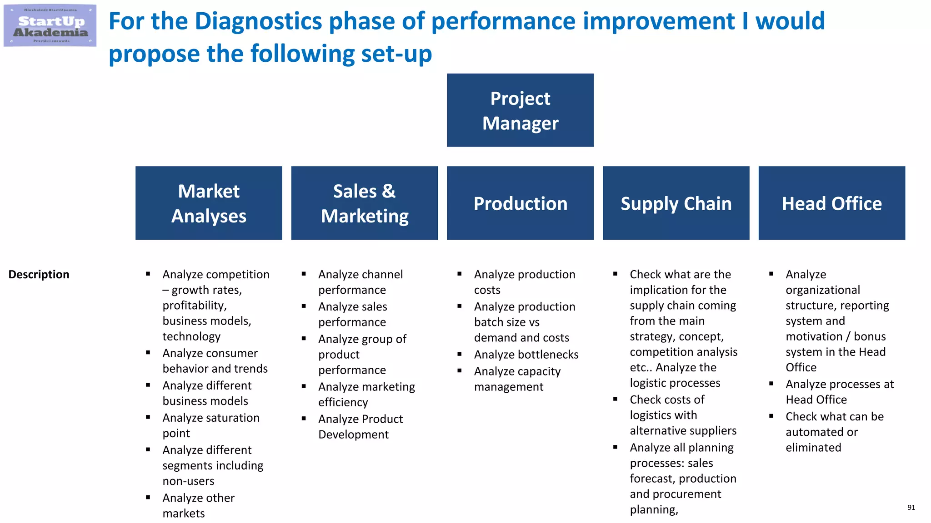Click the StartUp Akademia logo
[50, 26]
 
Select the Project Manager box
[520, 110]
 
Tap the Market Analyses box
[209, 203]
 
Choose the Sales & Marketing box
[364, 203]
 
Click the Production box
[520, 203]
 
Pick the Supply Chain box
[676, 203]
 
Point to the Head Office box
[831, 203]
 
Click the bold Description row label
[39, 275]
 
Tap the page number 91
[911, 508]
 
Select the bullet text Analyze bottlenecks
[526, 355]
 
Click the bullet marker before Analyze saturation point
[148, 417]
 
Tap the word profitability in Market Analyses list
[194, 306]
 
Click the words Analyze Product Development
[360, 427]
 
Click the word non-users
[188, 481]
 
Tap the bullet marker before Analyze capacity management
[460, 370]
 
